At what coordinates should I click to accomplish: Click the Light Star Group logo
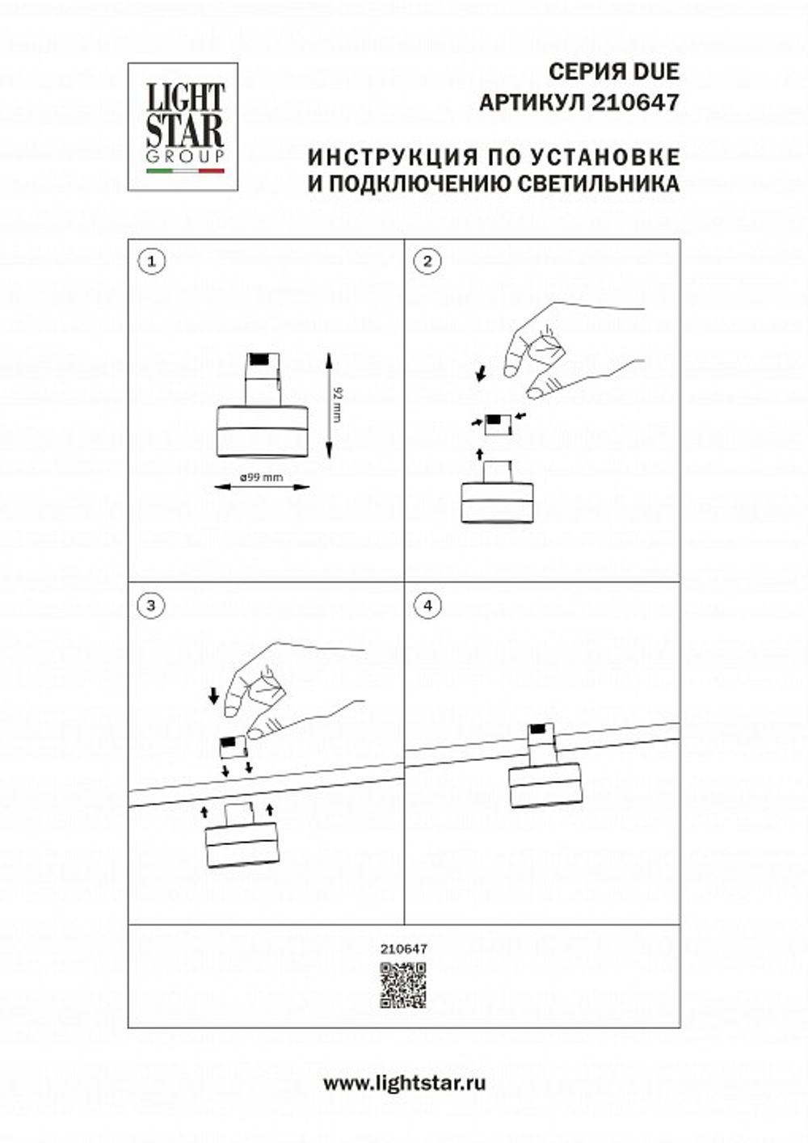(183, 126)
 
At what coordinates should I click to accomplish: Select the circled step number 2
(427, 260)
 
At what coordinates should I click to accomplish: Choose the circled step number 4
(427, 605)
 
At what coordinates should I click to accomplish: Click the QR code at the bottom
(403, 985)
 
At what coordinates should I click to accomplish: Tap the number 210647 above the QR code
(403, 950)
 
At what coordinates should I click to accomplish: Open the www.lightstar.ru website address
(404, 1084)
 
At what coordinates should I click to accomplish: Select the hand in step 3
(291, 687)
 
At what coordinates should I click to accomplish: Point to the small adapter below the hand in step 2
(495, 422)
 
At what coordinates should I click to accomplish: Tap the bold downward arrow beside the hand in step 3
(214, 695)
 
